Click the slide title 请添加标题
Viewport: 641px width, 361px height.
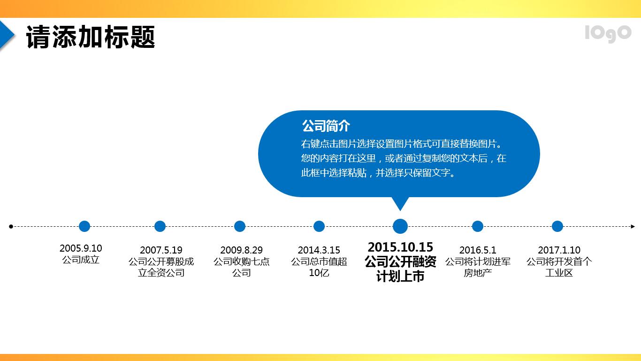[91, 37]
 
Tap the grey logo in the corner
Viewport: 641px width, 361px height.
[608, 33]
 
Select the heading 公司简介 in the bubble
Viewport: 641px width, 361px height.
[326, 126]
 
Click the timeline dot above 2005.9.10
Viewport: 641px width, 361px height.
[84, 226]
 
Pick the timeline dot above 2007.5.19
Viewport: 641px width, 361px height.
[160, 226]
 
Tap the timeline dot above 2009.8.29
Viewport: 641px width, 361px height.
[240, 226]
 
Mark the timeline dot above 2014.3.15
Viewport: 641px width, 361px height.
[319, 226]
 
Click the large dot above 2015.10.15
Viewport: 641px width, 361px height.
[400, 226]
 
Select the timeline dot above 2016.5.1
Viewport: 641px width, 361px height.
[478, 226]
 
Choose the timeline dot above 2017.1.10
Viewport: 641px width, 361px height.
[557, 226]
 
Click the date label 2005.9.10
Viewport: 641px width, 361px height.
[81, 248]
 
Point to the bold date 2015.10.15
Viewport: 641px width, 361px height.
[400, 247]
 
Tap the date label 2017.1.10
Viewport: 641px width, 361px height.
[559, 250]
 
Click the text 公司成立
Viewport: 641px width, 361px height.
[81, 260]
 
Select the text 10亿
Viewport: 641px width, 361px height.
[319, 273]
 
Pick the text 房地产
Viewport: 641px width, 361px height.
[478, 273]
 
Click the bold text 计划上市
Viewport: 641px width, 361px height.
[400, 277]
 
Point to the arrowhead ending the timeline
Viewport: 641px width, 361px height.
[632, 226]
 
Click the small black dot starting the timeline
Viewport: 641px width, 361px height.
[11, 226]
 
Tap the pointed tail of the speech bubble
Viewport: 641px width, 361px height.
[400, 205]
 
